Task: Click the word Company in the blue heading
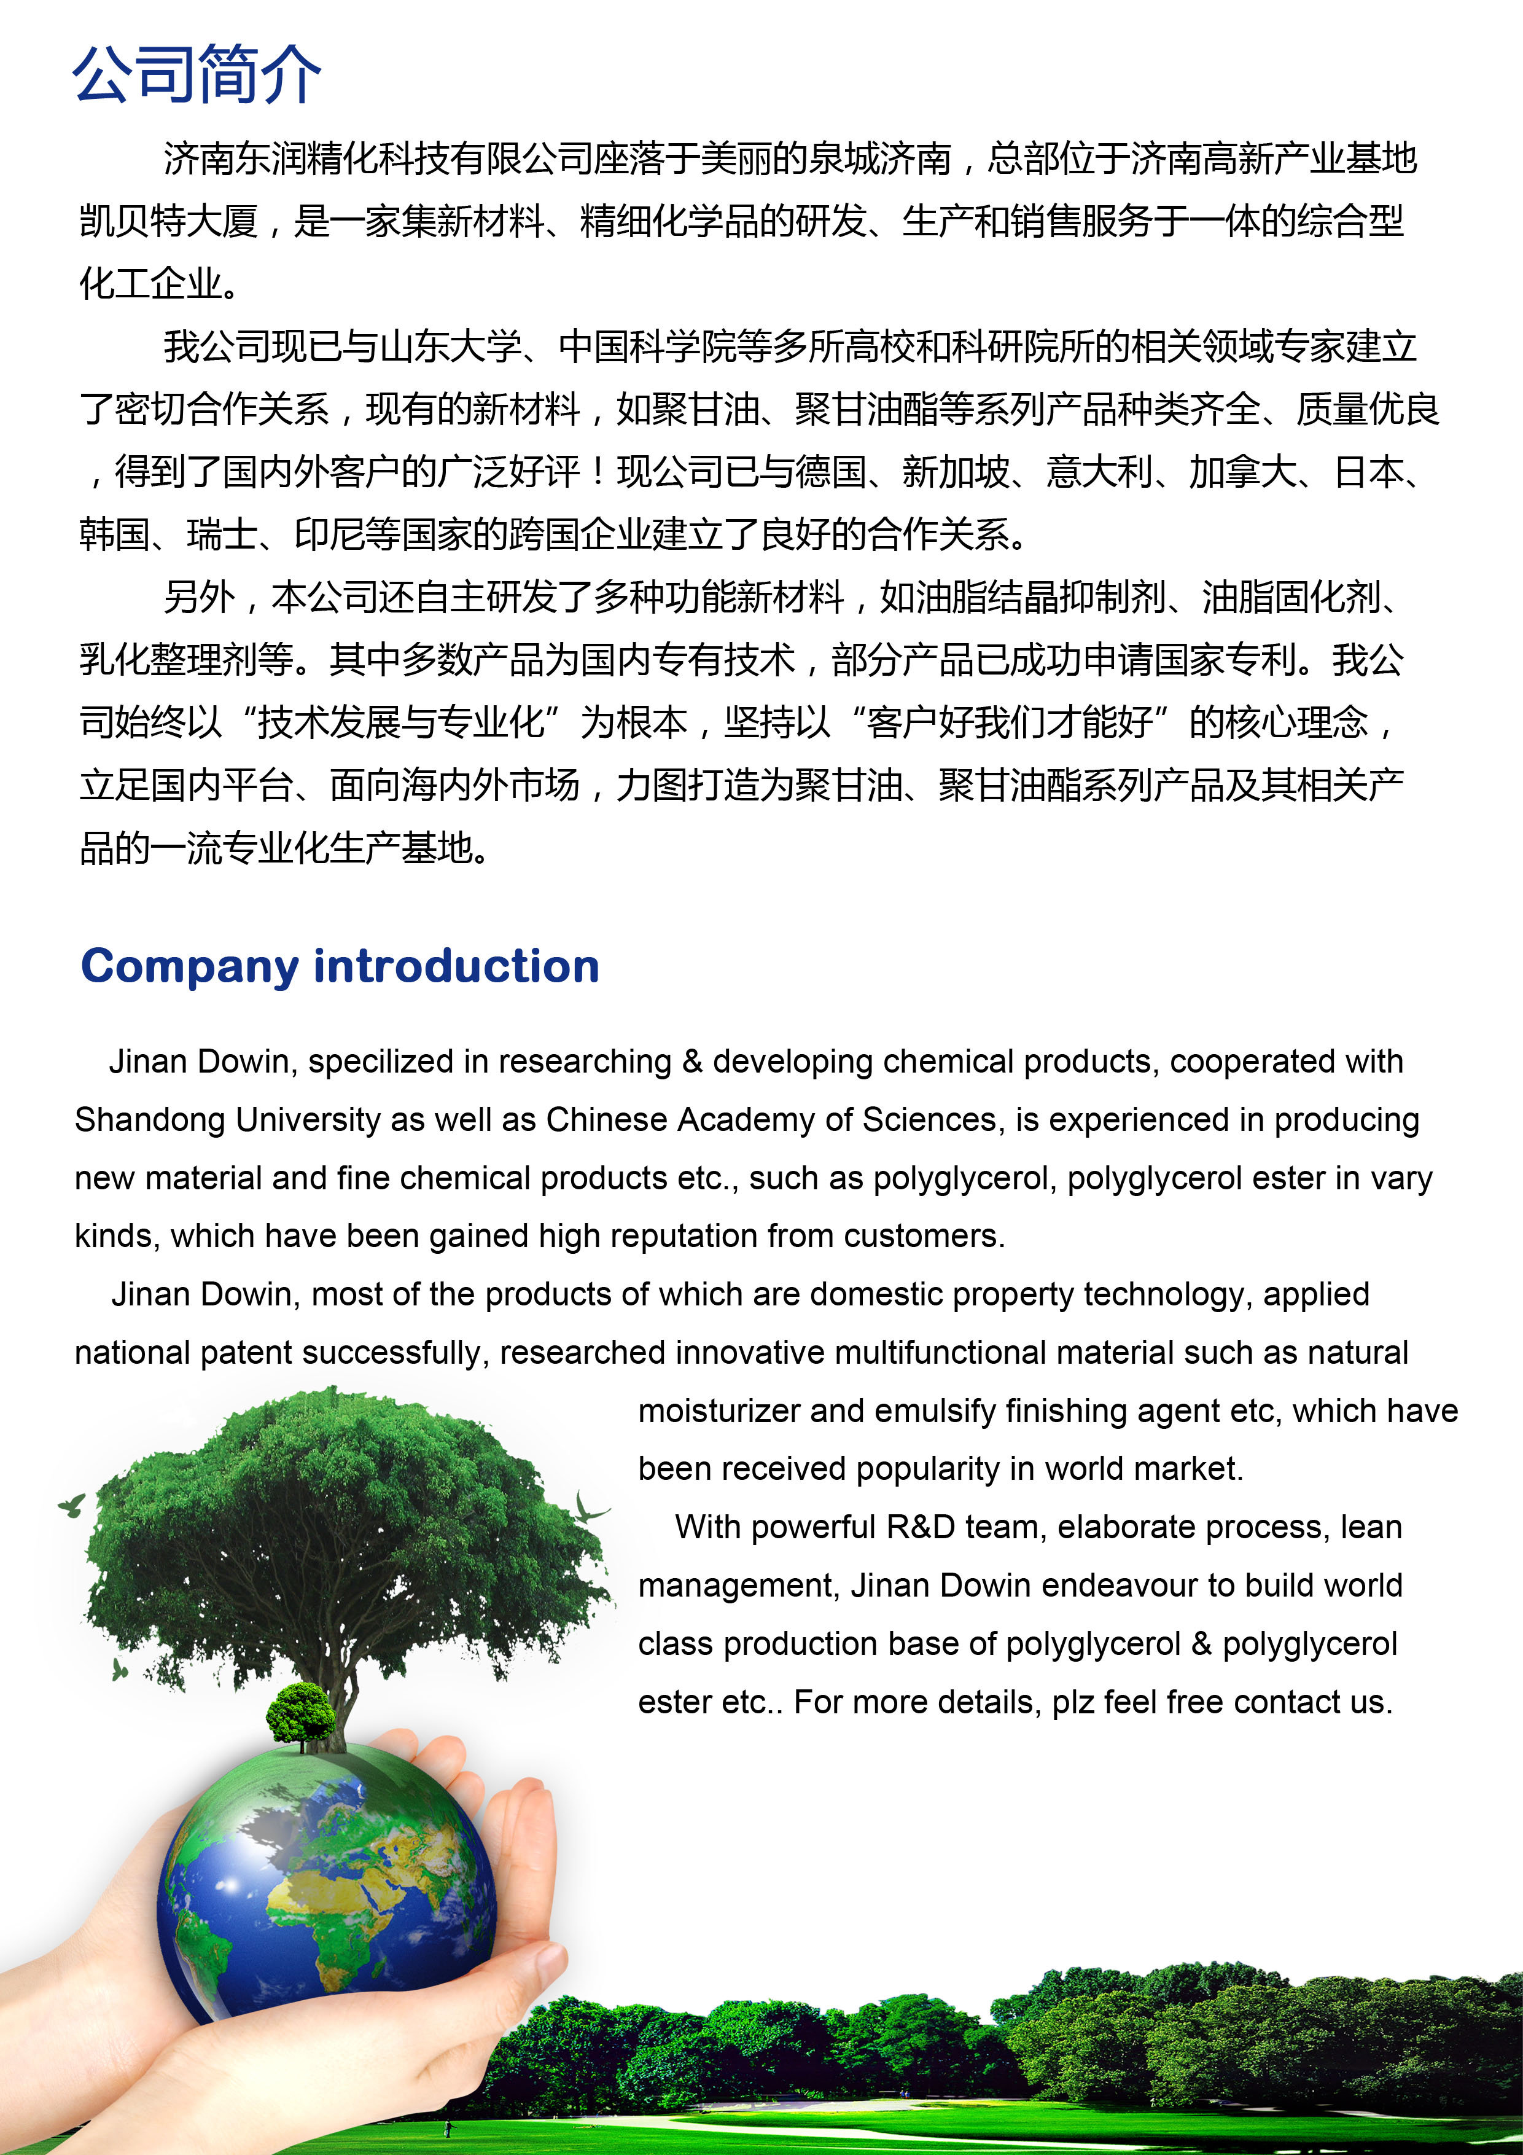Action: coord(189,968)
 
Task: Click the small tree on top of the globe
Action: coord(300,1712)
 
